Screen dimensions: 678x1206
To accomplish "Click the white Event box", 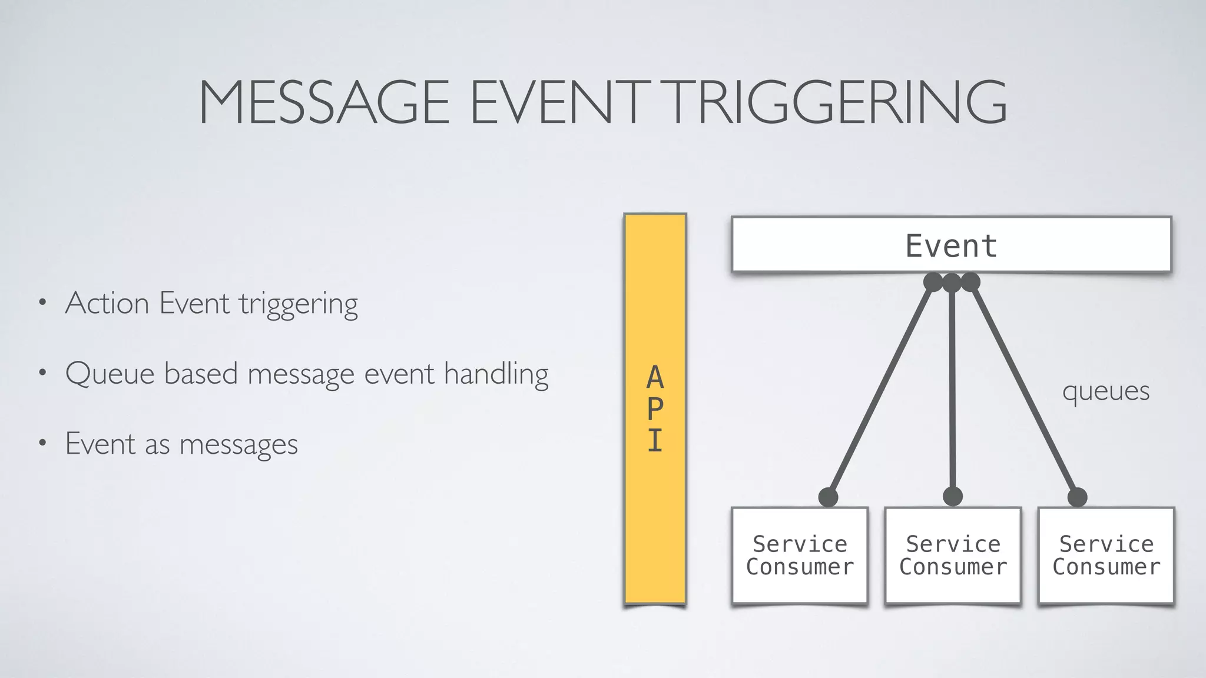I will [x=951, y=245].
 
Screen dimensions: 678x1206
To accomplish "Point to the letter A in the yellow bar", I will [x=655, y=377].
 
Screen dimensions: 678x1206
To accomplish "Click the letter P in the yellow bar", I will [x=655, y=409].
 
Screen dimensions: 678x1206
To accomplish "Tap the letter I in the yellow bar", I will [x=655, y=441].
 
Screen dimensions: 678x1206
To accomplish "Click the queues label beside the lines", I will [x=1105, y=391].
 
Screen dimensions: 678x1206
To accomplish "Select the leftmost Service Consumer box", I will [x=800, y=555].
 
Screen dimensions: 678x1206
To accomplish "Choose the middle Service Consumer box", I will [x=953, y=555].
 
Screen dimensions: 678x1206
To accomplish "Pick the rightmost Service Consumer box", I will [x=1106, y=555].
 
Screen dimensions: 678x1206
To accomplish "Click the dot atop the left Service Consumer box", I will [x=828, y=497].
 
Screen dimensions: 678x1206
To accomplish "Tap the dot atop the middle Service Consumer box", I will [x=952, y=496].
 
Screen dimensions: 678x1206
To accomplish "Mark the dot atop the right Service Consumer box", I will [x=1077, y=497].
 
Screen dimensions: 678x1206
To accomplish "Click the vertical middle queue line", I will [x=952, y=388].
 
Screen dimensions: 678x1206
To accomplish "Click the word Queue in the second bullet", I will [x=110, y=374].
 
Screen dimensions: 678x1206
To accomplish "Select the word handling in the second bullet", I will [x=496, y=374].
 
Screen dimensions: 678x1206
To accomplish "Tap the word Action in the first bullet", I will [x=107, y=304].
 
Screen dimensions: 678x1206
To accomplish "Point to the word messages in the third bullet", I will [x=238, y=445].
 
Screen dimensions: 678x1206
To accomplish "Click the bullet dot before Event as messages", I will [x=42, y=443].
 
